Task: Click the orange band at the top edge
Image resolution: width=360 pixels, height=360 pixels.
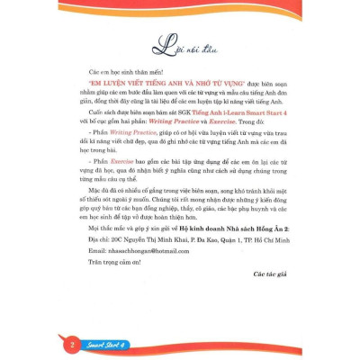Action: [x=180, y=4]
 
